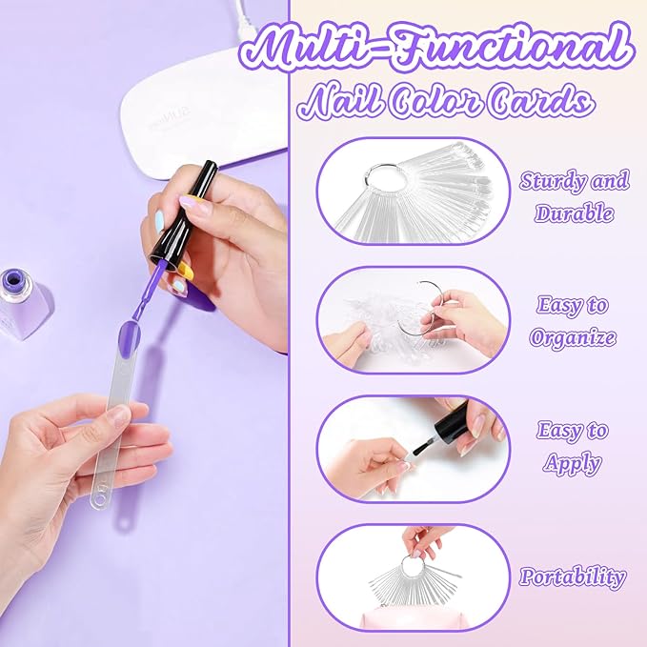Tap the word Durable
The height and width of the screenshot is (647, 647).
tap(574, 212)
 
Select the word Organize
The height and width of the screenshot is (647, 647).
tap(573, 337)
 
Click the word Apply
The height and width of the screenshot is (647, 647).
tap(572, 463)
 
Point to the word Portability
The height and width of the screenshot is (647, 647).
tap(573, 576)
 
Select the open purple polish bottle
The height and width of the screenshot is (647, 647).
tap(22, 303)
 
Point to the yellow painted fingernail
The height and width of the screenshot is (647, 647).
tap(187, 272)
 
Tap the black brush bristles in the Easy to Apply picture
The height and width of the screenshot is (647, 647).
tap(420, 449)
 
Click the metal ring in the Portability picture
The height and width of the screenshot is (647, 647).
tap(414, 566)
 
